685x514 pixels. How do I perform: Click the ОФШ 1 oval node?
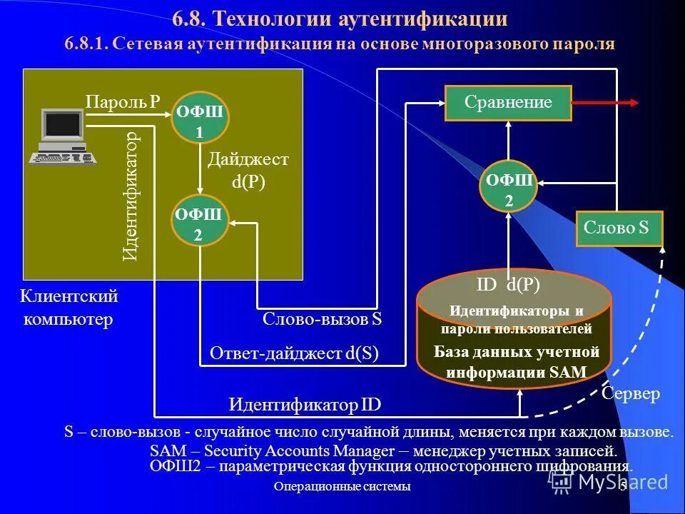(x=200, y=121)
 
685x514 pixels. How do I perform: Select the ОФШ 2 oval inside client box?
(x=200, y=223)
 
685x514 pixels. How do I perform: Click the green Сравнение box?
(x=508, y=102)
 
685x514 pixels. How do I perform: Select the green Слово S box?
(x=619, y=229)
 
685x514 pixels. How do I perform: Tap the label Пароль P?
(x=123, y=102)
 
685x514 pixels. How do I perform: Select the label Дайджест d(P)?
(x=248, y=170)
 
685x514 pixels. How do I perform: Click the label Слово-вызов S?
(x=323, y=319)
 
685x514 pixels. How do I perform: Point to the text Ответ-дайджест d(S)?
(x=294, y=353)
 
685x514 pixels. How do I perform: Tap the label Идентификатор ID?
(x=305, y=405)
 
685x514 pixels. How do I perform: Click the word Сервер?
(x=631, y=393)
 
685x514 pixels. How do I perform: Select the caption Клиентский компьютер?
(x=68, y=307)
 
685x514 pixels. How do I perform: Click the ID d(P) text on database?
(x=508, y=286)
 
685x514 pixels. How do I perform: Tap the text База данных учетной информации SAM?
(x=517, y=362)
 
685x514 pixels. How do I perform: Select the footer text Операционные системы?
(x=342, y=486)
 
